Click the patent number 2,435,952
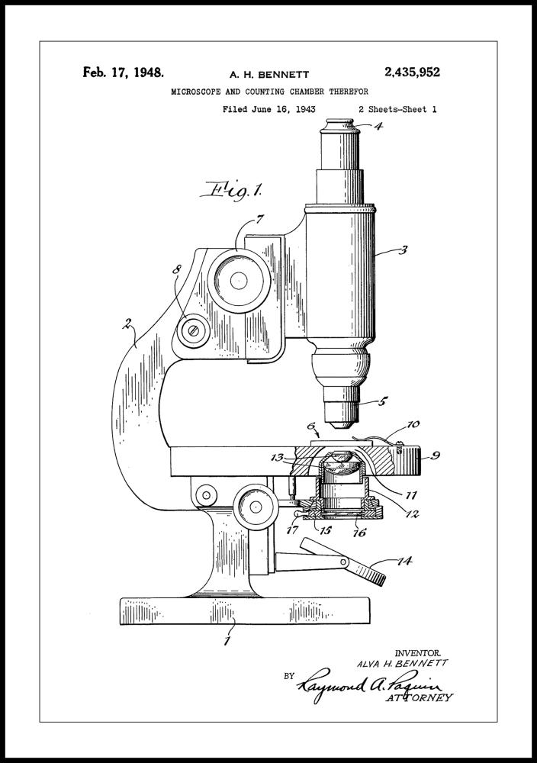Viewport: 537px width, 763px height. (x=412, y=72)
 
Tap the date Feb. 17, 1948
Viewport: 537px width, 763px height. (x=124, y=72)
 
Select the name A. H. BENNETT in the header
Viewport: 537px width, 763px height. (x=269, y=75)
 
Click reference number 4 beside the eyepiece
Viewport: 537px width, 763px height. (x=378, y=126)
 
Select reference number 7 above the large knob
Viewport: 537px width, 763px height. (x=260, y=219)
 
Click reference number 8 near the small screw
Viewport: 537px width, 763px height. (x=177, y=269)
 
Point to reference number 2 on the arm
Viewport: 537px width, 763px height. (x=127, y=323)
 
